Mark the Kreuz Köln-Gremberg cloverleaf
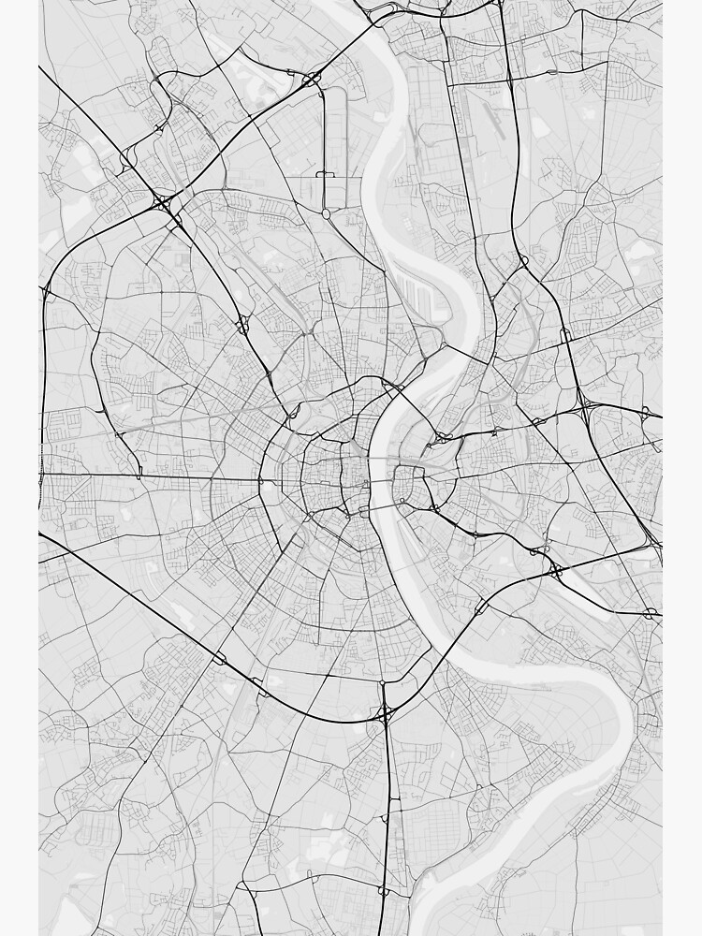click(x=555, y=568)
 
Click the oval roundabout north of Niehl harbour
click(x=326, y=214)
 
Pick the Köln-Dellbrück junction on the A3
click(x=564, y=334)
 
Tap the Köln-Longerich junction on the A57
click(x=242, y=324)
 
